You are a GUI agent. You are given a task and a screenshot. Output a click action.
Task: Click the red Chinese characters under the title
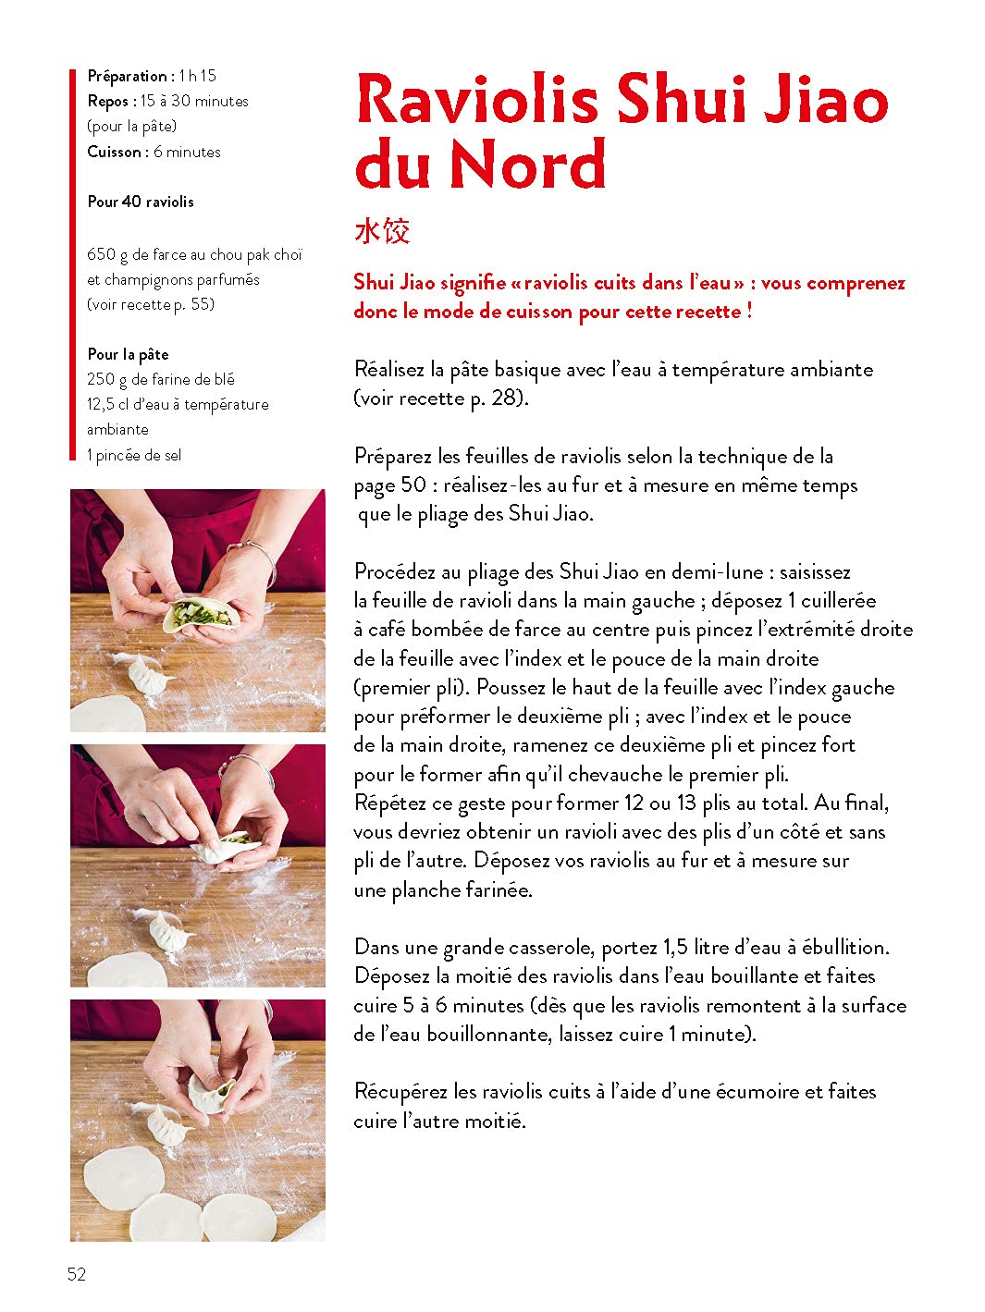[381, 230]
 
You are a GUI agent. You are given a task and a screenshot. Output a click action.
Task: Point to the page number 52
[77, 1273]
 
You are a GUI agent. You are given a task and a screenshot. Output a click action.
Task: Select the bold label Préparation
[128, 76]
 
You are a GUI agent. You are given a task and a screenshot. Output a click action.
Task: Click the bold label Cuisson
[115, 152]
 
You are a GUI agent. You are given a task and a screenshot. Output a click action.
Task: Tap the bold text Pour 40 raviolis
[141, 202]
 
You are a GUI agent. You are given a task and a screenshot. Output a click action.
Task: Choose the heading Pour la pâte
[128, 354]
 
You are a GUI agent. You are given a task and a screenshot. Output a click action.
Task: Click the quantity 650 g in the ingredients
[108, 254]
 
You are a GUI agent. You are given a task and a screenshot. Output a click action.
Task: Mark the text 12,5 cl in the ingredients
[108, 404]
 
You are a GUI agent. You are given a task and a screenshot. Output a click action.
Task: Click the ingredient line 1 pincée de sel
[134, 455]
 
